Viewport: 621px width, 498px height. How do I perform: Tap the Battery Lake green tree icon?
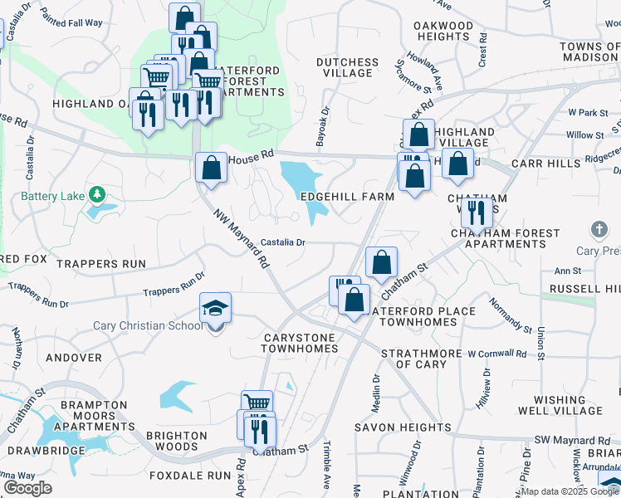click(x=98, y=195)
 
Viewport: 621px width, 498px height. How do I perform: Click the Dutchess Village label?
click(x=347, y=67)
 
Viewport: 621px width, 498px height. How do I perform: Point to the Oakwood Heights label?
click(x=443, y=31)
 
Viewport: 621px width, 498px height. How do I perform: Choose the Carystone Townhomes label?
click(x=301, y=344)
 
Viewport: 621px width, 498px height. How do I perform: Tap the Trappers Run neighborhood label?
click(x=101, y=264)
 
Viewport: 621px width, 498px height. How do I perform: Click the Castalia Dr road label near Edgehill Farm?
click(x=284, y=242)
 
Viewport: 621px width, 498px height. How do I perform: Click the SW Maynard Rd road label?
click(x=572, y=439)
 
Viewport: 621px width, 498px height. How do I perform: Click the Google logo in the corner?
click(x=27, y=488)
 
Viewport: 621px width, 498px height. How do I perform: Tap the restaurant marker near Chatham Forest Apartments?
click(x=476, y=212)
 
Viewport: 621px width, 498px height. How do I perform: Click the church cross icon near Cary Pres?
click(x=599, y=228)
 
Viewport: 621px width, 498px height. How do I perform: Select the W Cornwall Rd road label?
click(x=496, y=354)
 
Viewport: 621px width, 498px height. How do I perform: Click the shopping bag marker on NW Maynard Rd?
click(x=212, y=167)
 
